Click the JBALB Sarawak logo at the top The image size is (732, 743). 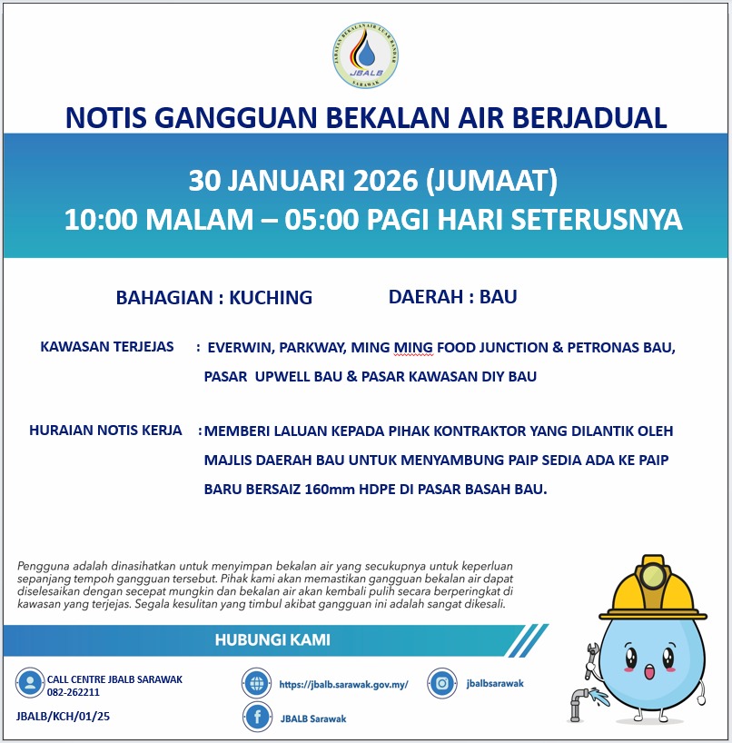point(365,56)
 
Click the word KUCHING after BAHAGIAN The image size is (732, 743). point(271,297)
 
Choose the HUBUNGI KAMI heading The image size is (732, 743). point(272,640)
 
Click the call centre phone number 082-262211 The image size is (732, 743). point(74,692)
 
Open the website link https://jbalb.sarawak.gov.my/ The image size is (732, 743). point(344,684)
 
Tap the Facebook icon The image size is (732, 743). point(258,718)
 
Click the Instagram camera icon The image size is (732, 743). point(442,683)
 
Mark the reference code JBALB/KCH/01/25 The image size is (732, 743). point(64,717)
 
